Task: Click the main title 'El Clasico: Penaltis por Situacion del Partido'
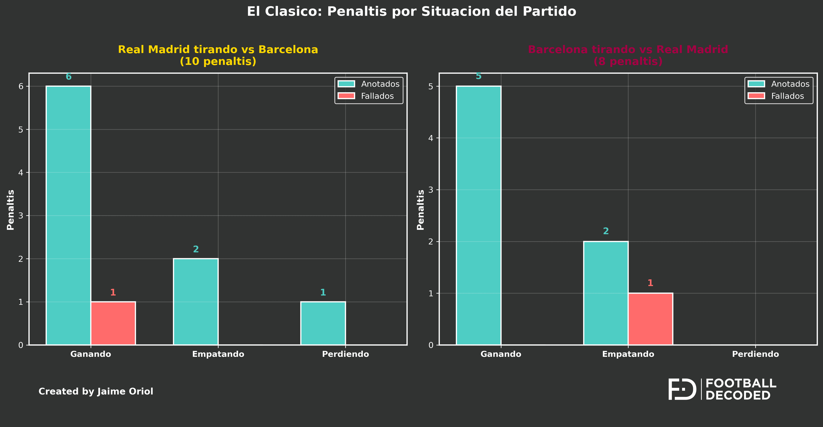tap(411, 12)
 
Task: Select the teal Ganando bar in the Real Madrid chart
tap(68, 215)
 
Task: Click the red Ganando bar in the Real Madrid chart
tap(113, 323)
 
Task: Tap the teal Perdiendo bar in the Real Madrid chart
tap(323, 323)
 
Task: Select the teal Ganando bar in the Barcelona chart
tap(478, 215)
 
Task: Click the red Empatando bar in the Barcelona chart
tap(650, 319)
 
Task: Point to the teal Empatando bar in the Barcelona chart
tap(605, 293)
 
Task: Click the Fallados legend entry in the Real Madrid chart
tap(369, 96)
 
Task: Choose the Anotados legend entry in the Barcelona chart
tap(779, 84)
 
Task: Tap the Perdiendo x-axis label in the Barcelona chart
tap(755, 354)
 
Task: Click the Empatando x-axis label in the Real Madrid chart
tap(218, 354)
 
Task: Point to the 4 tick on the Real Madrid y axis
tap(21, 173)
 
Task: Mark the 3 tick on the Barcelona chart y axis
tap(431, 190)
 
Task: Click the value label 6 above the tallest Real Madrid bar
tap(68, 77)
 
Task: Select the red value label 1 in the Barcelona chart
tap(650, 283)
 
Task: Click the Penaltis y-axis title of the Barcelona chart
tap(421, 210)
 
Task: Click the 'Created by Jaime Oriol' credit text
tap(96, 391)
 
